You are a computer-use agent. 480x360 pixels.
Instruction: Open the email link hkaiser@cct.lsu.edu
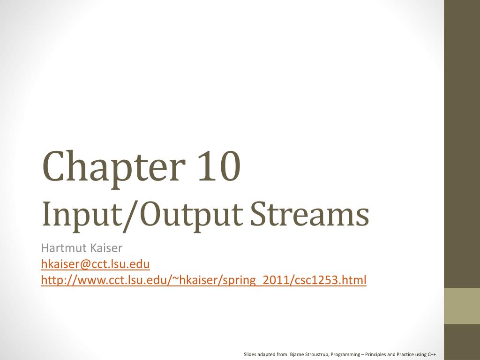point(95,264)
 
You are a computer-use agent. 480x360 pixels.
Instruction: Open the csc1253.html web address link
point(203,280)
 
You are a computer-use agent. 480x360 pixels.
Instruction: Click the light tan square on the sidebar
point(462,306)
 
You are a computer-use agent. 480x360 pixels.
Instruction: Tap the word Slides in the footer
point(250,354)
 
